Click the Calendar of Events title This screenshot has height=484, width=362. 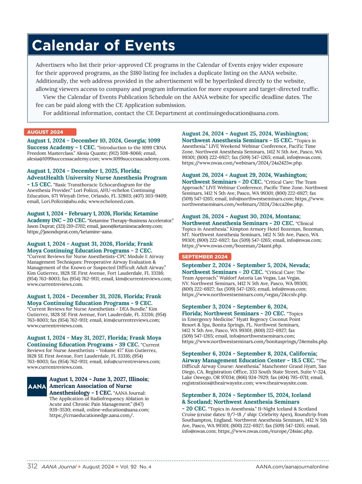coord(103,46)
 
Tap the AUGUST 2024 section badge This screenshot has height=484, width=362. coord(45,132)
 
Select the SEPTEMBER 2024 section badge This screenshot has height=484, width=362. coord(205,257)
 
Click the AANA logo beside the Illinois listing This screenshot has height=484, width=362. coord(37,386)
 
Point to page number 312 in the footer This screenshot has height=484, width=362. coord(32,467)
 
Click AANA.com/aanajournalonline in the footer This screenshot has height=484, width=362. coord(292,467)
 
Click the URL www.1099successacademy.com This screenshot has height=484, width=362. coord(135,159)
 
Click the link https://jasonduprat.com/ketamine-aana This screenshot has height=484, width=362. coord(70,232)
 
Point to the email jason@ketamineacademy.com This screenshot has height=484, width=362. coord(131,226)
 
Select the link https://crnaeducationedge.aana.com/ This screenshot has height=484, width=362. coord(91,416)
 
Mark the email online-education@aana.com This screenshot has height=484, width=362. coord(118,410)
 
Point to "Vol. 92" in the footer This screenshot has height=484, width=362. coord(128,467)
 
